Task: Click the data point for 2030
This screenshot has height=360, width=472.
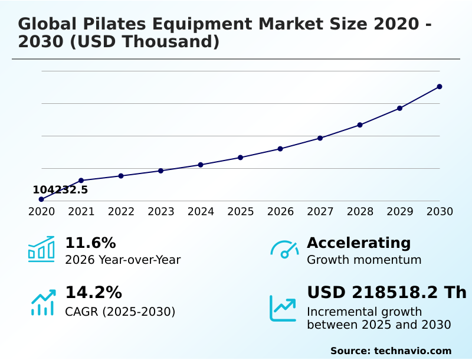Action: pos(440,87)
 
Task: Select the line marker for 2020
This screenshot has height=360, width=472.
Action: pos(41,199)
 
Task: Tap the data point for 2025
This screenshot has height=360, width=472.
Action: pos(241,158)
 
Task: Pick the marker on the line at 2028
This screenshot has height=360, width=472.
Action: pos(360,125)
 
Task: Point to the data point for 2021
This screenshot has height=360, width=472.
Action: pos(81,181)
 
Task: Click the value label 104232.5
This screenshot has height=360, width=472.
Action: pos(60,190)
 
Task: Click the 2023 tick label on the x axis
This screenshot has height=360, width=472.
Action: pos(161,212)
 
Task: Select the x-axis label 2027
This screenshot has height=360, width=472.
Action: pos(320,212)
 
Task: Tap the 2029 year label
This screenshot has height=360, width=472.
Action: pos(400,212)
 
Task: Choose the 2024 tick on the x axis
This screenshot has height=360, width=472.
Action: pos(201,212)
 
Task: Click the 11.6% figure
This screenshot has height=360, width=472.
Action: pos(90,243)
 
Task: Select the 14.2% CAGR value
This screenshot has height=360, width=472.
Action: pos(93,293)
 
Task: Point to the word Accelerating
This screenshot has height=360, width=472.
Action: pos(359,243)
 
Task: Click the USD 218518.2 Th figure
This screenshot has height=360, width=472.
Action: pos(386,293)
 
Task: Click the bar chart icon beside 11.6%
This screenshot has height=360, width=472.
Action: pos(41,249)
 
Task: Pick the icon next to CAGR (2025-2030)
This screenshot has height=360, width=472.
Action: pos(42,302)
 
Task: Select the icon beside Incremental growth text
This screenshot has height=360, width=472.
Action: pos(283,308)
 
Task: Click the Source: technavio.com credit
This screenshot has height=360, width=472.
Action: pos(391,351)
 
